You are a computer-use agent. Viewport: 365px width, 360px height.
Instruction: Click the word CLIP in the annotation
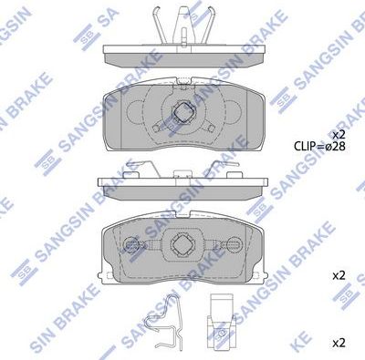pos(307,145)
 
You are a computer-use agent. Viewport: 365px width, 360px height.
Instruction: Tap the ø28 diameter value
pos(336,145)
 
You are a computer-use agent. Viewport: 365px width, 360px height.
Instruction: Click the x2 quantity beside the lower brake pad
pos(338,274)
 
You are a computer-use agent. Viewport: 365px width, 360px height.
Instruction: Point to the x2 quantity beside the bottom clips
pos(338,343)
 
